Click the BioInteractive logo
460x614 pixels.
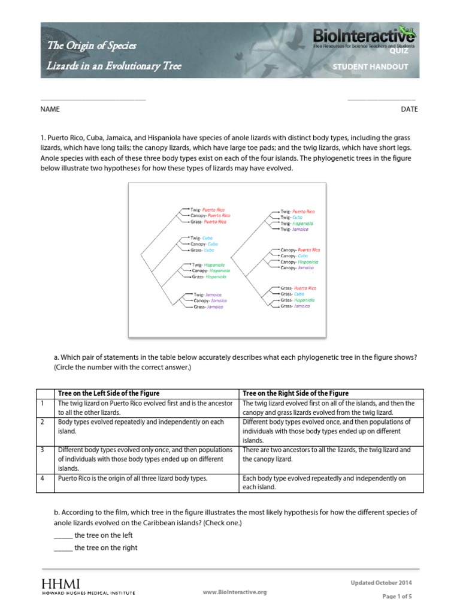[365, 38]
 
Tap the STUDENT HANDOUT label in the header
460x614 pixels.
[370, 67]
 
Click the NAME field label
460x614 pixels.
[50, 109]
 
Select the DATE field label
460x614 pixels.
[410, 109]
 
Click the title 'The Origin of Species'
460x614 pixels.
[92, 46]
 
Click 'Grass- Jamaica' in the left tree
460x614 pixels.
[208, 306]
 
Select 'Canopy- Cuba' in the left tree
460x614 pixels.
[204, 244]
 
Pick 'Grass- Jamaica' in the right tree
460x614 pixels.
[295, 306]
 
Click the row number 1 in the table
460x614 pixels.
[41, 404]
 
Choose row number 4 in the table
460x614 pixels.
[41, 478]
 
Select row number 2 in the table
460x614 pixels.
[41, 422]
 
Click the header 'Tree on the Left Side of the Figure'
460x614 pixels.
[108, 393]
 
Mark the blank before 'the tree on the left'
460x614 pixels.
[63, 535]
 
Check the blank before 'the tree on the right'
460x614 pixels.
[63, 547]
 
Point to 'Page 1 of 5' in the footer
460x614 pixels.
[397, 596]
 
